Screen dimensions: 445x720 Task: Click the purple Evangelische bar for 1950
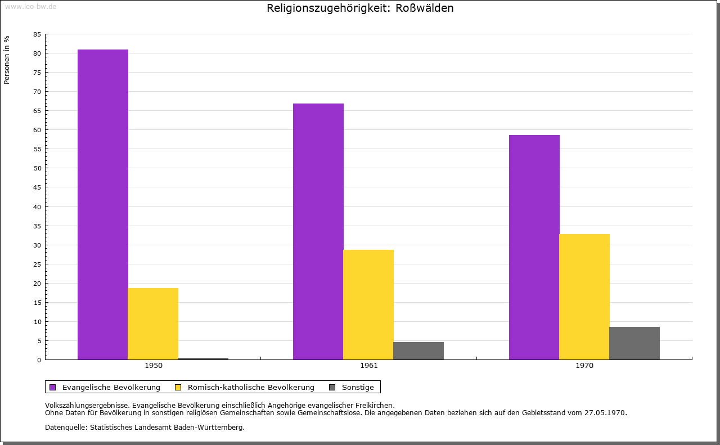[x=103, y=204]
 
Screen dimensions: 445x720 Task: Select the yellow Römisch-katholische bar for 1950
[x=153, y=323]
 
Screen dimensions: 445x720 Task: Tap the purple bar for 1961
[x=318, y=231]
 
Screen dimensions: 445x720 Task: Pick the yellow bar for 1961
[x=368, y=304]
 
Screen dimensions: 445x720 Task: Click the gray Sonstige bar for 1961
[x=418, y=350]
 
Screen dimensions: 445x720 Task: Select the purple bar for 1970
[x=534, y=247]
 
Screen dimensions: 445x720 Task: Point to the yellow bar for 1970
[x=584, y=296]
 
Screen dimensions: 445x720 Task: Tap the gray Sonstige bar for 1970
[x=634, y=343]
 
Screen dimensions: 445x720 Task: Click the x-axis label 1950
[x=154, y=366]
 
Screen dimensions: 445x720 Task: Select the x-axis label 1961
[x=369, y=366]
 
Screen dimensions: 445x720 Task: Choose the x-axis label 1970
[x=584, y=366]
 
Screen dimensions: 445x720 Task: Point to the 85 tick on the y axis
[x=37, y=34]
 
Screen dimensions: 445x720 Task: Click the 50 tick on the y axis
[x=37, y=168]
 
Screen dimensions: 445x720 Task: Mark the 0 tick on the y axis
[x=39, y=360]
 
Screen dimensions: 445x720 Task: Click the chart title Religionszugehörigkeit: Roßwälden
[x=360, y=8]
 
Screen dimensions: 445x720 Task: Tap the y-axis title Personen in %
[x=7, y=60]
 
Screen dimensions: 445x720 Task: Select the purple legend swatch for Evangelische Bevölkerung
[x=53, y=387]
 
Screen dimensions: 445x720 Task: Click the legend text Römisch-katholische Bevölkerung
[x=251, y=387]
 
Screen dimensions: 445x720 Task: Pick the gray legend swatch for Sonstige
[x=332, y=387]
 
